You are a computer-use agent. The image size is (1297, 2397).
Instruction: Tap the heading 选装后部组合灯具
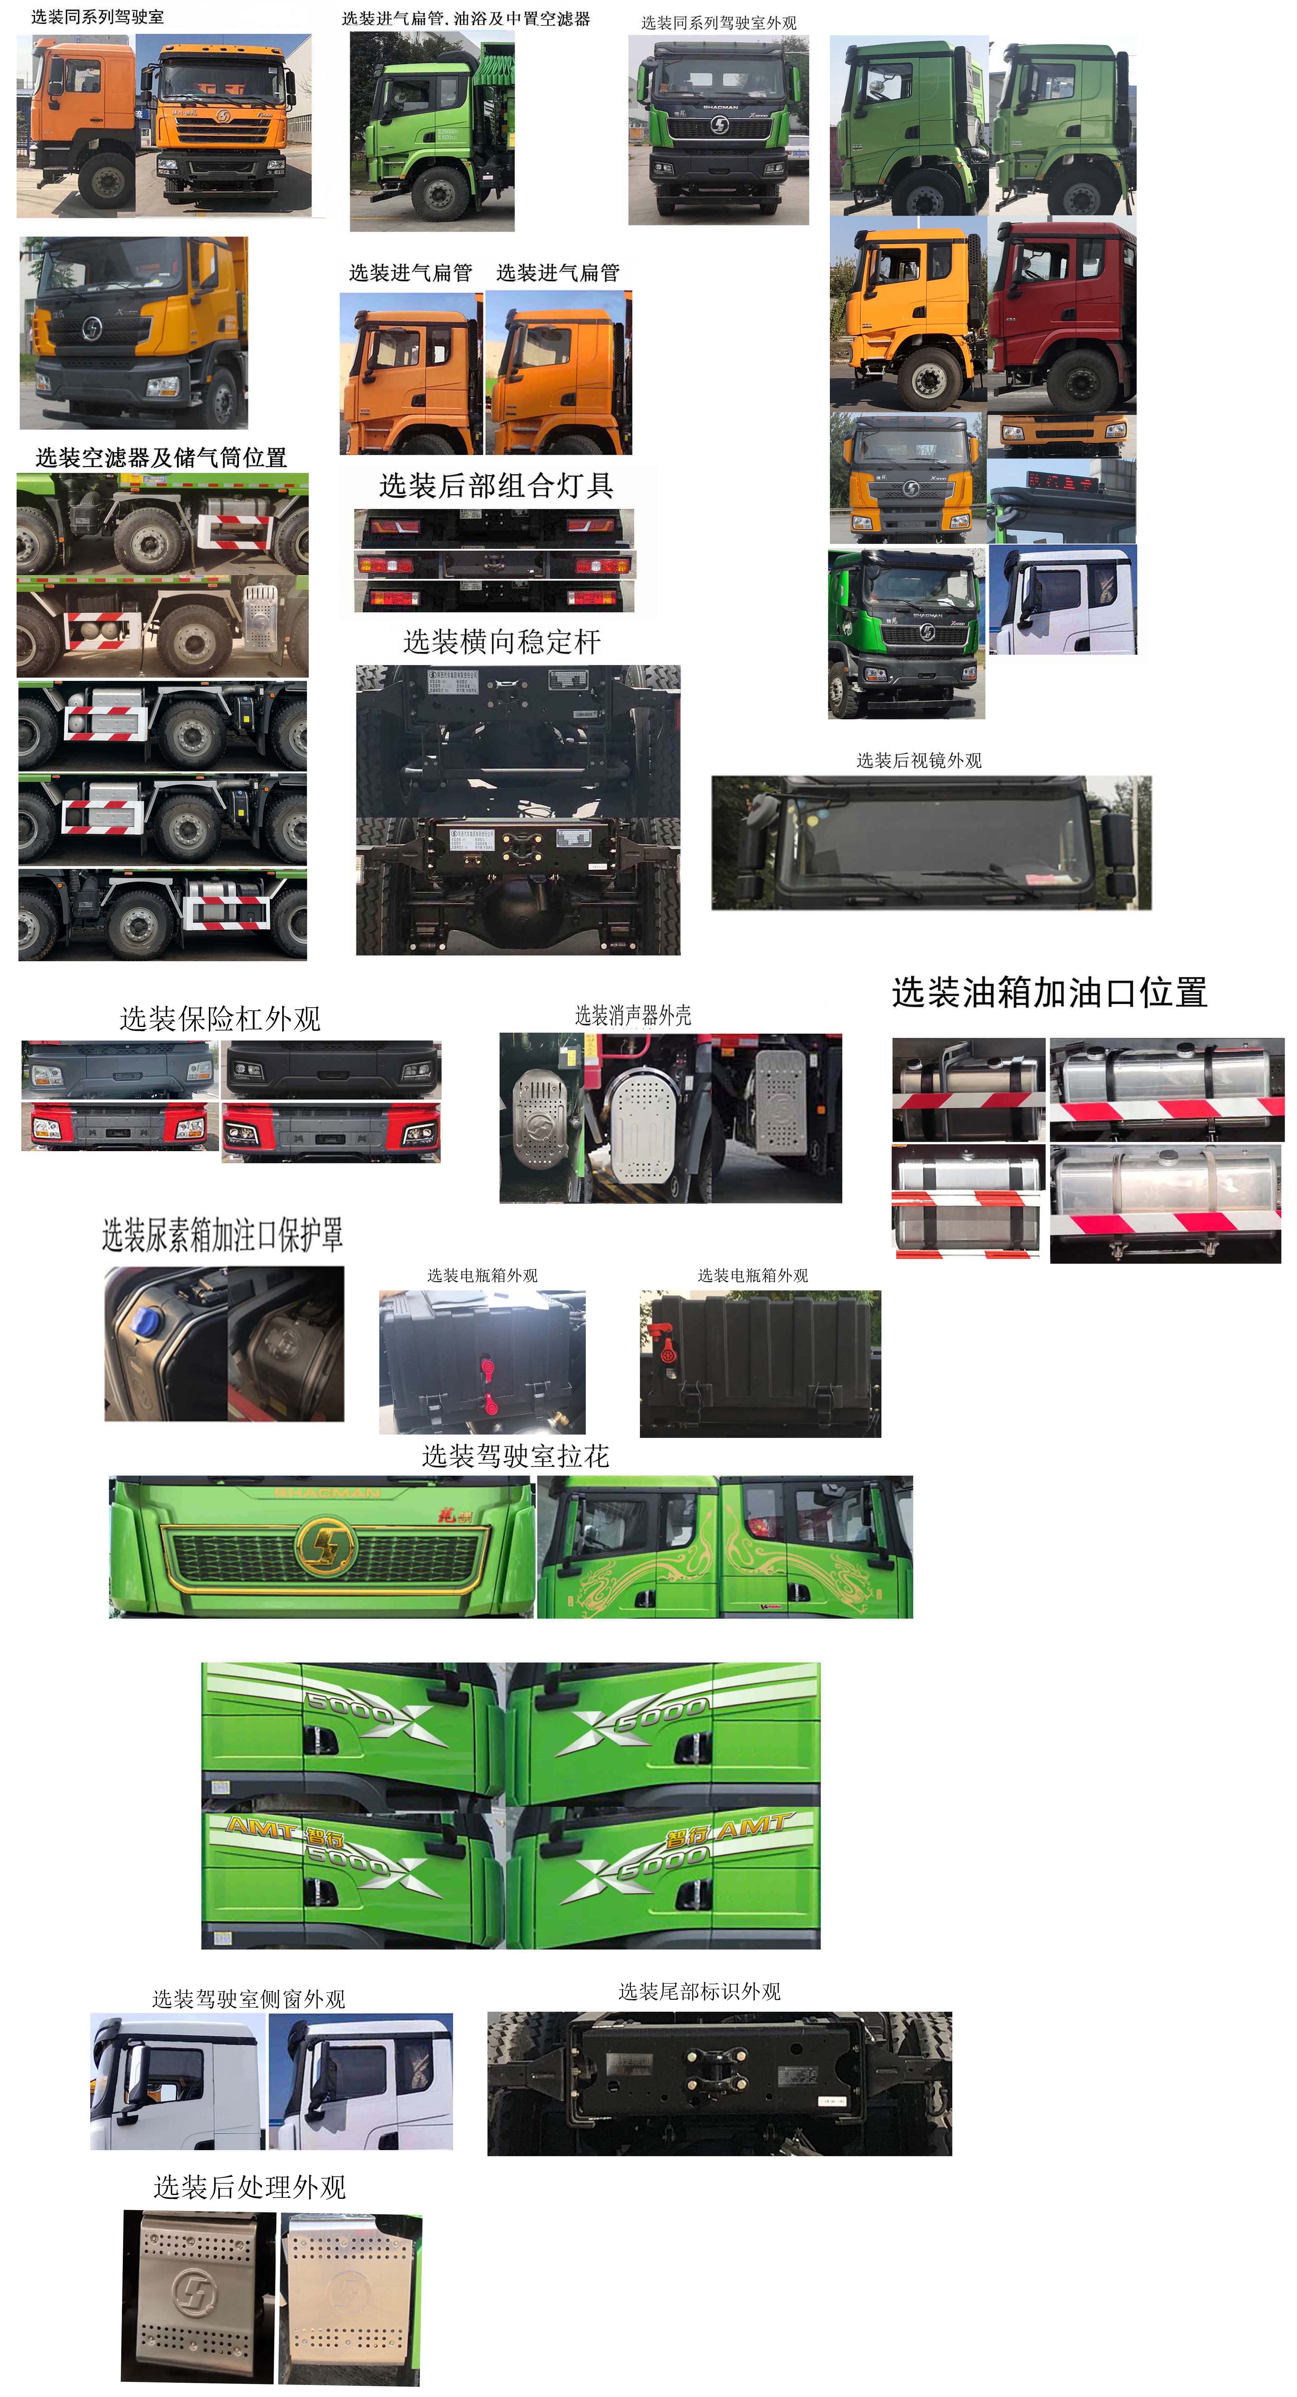pos(496,486)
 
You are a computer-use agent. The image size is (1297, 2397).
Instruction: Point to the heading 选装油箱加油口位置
pos(1049,993)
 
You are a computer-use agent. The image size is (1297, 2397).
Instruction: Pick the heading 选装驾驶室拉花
pos(516,1456)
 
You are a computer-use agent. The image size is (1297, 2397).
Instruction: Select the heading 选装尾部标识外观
pos(700,1991)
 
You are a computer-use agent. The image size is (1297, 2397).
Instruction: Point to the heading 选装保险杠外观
pos(221,1019)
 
